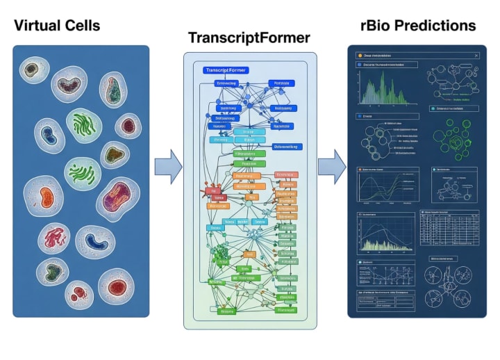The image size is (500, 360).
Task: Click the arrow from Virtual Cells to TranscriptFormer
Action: point(168,167)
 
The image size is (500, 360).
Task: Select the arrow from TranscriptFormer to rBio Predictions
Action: point(331,167)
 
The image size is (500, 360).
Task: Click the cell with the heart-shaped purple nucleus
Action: point(112,89)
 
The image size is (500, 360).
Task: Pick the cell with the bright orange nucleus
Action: point(45,194)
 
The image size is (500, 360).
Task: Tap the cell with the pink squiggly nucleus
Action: point(54,239)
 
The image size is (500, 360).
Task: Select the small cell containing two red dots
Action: point(79,293)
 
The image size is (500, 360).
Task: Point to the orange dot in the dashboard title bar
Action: point(359,55)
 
